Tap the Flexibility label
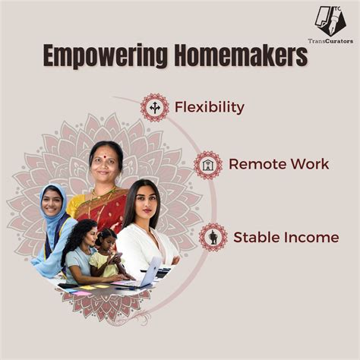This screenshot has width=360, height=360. [209, 107]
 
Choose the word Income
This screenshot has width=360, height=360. [310, 237]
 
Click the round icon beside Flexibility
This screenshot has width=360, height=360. [155, 107]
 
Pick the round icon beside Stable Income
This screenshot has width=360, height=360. [213, 237]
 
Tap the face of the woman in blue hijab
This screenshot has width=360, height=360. [51, 202]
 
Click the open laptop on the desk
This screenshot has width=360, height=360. [152, 272]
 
